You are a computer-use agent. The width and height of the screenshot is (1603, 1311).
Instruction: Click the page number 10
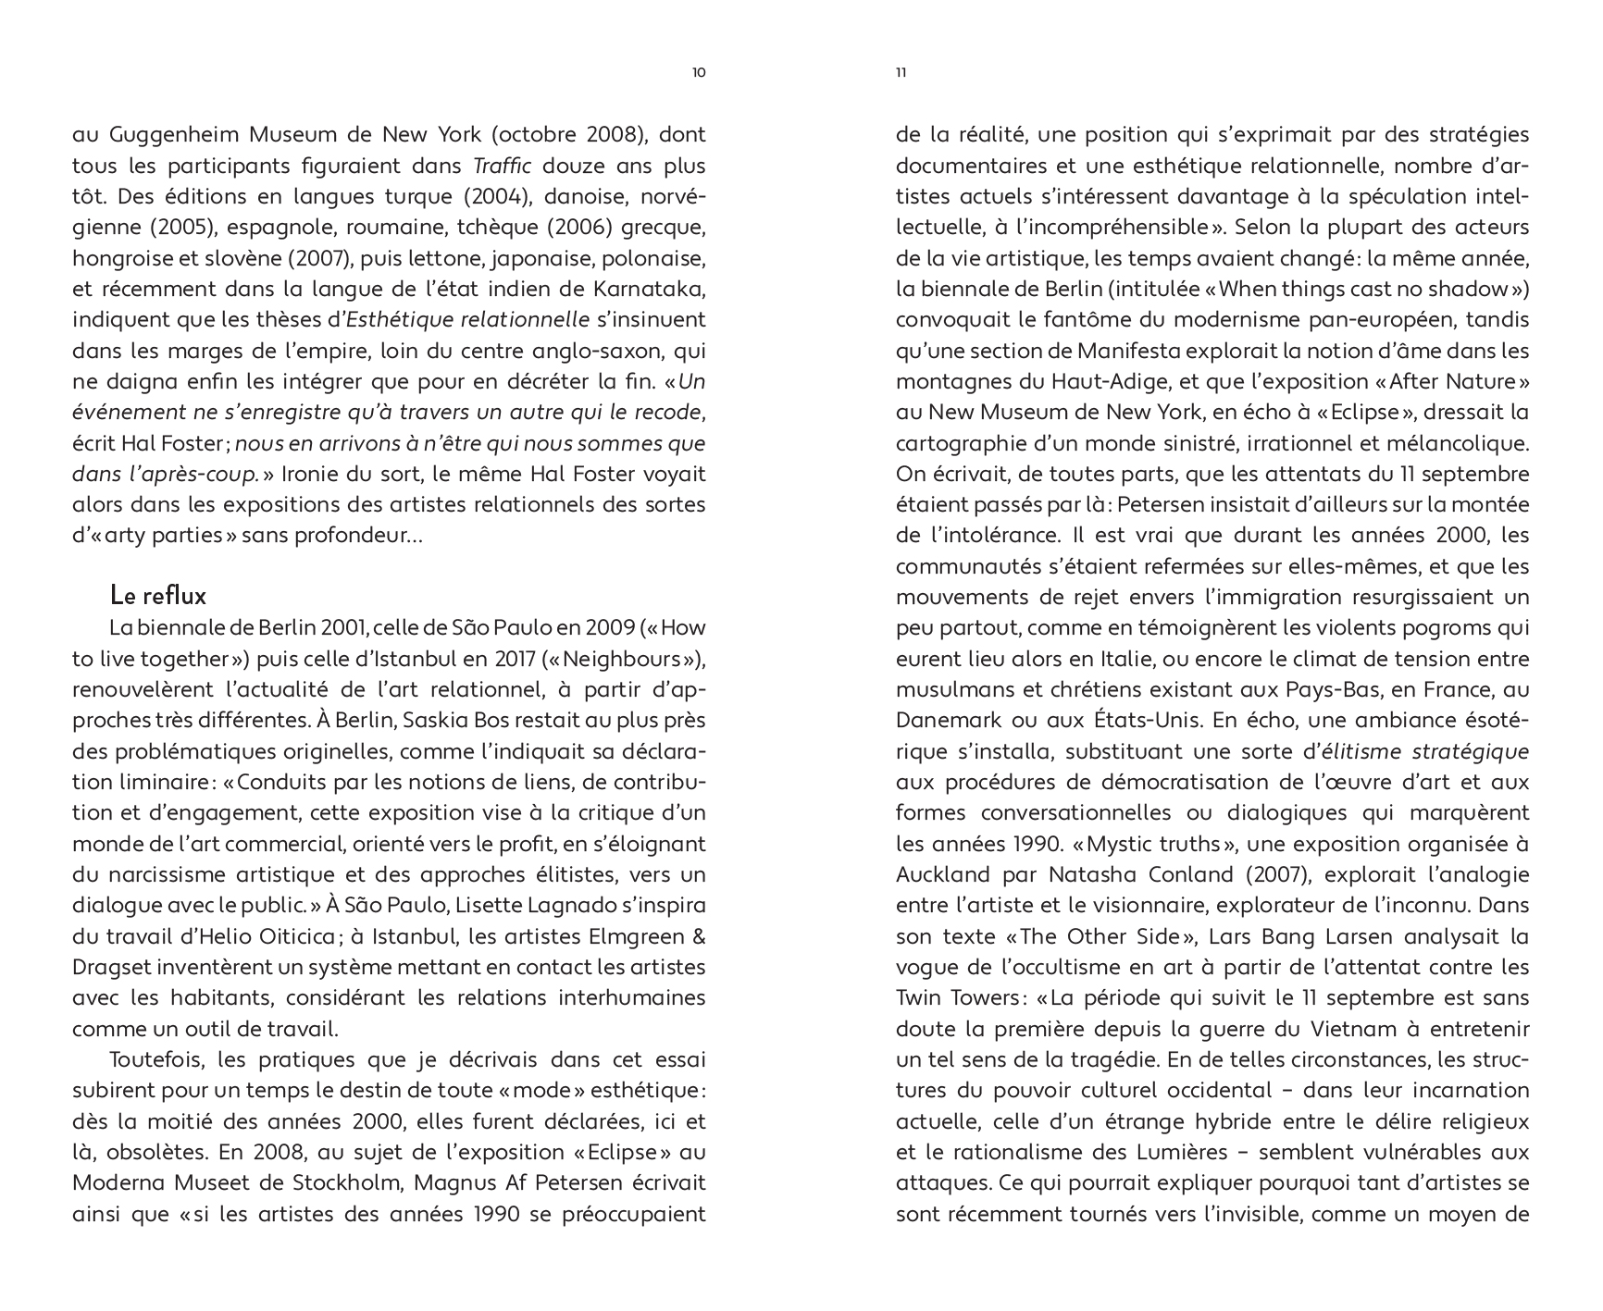point(699,73)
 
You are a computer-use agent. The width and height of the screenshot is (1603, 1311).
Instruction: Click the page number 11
point(901,73)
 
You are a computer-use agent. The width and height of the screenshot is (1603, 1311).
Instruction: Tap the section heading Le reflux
point(157,594)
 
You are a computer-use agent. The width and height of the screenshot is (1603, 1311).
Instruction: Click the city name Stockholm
point(350,1183)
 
